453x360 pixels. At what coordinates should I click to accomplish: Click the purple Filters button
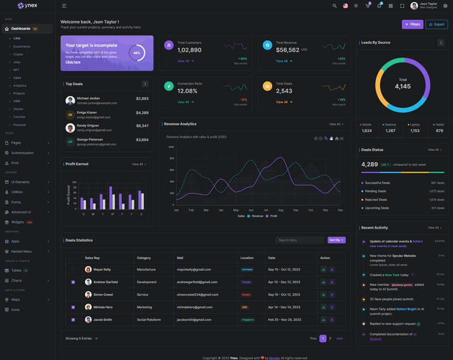412,24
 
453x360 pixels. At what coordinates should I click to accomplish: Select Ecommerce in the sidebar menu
22,46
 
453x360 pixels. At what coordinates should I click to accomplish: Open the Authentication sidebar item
23,153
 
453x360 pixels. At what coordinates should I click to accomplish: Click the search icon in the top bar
335,6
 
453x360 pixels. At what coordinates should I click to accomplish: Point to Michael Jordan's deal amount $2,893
142,98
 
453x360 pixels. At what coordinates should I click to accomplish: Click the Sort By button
336,240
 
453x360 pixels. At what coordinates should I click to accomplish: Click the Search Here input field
300,240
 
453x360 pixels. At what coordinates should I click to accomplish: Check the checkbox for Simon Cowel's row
73,295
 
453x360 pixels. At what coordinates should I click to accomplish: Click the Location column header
247,258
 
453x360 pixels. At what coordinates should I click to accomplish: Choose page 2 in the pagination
330,338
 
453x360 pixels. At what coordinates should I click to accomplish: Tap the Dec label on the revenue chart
340,210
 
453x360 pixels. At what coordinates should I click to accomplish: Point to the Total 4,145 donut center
403,84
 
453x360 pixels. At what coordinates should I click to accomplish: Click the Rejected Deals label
375,200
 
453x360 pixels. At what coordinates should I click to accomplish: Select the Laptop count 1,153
415,131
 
